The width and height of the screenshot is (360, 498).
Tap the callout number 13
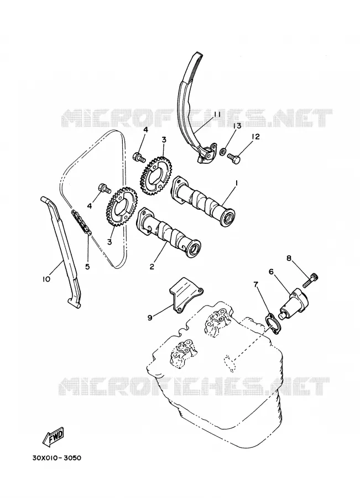point(237,126)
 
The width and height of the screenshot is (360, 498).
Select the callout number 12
point(255,137)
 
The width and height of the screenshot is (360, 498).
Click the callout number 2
point(152,267)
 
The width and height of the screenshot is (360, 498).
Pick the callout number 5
point(87,267)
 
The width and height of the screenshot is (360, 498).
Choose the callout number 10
point(46,279)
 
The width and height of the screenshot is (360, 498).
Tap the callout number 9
point(150,317)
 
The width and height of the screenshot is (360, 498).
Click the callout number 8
point(289,258)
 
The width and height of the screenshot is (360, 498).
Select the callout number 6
point(271,272)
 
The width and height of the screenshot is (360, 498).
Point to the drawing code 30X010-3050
point(56,458)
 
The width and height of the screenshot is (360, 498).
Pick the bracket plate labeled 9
point(185,293)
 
